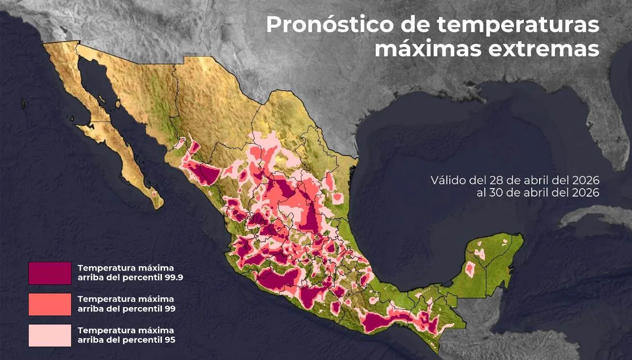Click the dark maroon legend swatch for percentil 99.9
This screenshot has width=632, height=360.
[50, 273]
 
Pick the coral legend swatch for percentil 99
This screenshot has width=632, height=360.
[50, 304]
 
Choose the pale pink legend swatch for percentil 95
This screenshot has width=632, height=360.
[50, 335]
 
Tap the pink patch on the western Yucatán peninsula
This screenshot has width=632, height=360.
[470, 268]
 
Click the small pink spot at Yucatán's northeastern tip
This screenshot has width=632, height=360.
[505, 242]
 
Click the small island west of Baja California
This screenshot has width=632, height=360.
[23, 104]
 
